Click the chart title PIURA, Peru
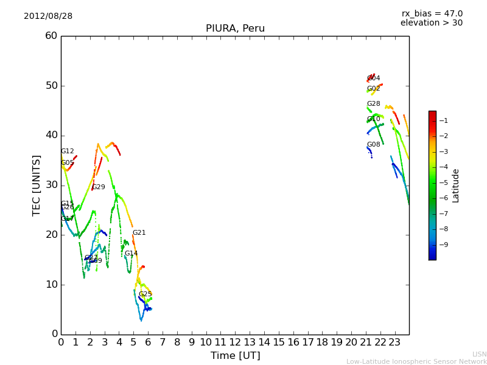(235, 29)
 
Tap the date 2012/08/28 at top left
(48, 16)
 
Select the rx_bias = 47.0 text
(432, 14)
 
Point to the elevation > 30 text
(432, 23)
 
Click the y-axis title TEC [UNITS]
(37, 185)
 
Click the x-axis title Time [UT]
(235, 356)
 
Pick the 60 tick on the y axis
(51, 36)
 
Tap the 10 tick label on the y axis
(51, 285)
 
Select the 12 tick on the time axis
(235, 342)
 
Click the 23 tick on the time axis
(394, 342)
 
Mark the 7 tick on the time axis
(163, 342)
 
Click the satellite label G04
(374, 78)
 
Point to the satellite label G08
(373, 145)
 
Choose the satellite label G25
(145, 294)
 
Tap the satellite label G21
(139, 233)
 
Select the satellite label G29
(99, 187)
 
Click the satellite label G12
(68, 151)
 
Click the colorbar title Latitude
(455, 186)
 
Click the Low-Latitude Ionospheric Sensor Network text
(416, 362)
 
